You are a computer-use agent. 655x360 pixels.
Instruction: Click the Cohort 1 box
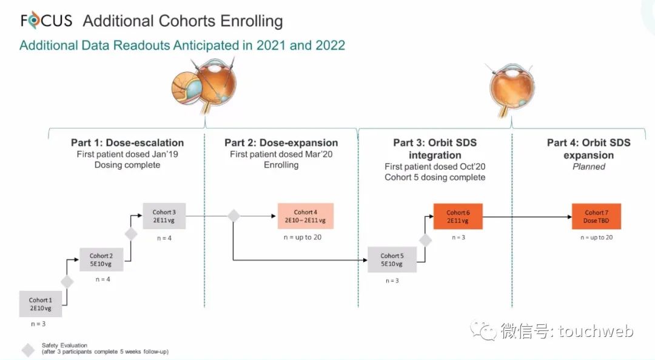40,304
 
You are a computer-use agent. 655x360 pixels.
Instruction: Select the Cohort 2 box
101,260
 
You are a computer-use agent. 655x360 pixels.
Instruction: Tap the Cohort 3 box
164,216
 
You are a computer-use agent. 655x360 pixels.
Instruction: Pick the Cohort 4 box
306,216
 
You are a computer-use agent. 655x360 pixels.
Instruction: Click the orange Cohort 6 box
458,217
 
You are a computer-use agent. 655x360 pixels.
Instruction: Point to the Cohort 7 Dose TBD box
596,217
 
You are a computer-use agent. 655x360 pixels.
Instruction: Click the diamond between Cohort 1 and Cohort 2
67,282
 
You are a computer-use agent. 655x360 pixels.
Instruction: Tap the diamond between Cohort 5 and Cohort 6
425,240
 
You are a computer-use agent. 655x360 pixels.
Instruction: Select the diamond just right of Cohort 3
233,216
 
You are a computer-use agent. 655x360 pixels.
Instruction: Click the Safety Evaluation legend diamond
28,350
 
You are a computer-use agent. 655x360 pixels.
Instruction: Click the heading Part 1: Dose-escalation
127,143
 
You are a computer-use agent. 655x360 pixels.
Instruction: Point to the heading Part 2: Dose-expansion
281,143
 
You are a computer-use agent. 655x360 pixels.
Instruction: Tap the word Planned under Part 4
588,167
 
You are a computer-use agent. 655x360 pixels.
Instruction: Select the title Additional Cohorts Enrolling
183,21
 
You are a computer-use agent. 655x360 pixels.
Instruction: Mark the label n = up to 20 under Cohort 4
302,237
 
